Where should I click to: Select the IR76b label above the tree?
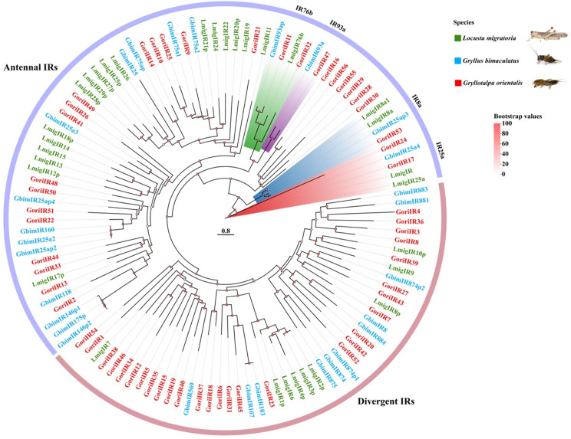[306, 10]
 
